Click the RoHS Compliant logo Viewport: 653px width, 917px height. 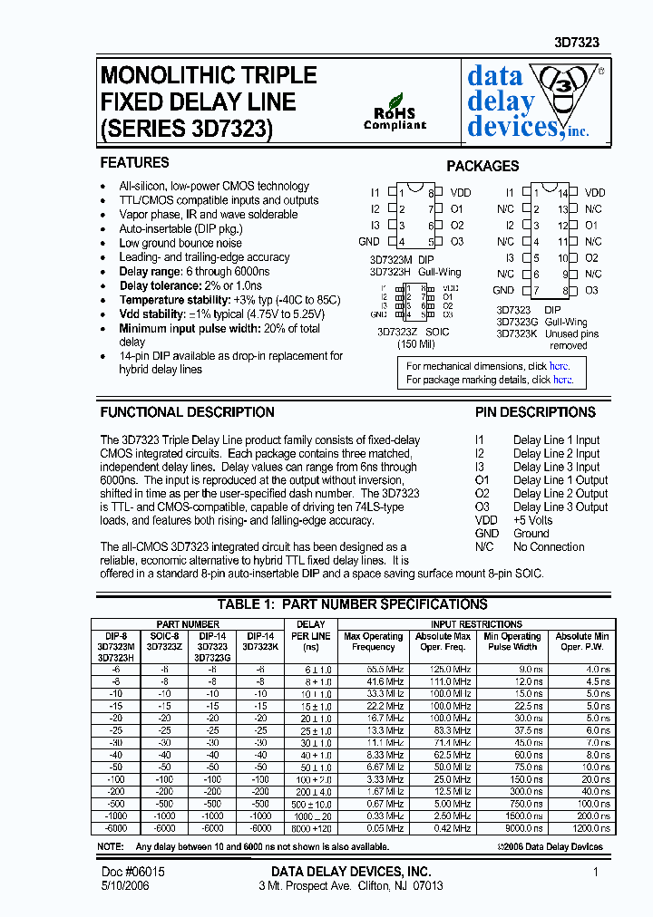coord(395,112)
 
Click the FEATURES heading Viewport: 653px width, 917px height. coord(134,163)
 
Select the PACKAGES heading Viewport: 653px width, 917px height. coord(482,167)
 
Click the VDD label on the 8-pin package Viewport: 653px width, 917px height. coord(461,193)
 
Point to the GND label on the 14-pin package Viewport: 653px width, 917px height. coord(503,291)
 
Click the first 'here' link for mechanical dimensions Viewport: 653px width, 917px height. coord(560,366)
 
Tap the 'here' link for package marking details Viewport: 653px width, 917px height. coord(562,380)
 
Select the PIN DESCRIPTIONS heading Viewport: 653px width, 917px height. coord(535,412)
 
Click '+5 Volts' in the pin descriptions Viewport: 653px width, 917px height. coord(532,520)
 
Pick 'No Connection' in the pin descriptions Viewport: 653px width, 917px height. coord(548,546)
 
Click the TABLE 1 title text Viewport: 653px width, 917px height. coord(352,604)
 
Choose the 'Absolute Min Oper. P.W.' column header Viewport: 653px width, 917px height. coord(582,642)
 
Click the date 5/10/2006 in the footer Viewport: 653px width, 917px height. coord(124,885)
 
